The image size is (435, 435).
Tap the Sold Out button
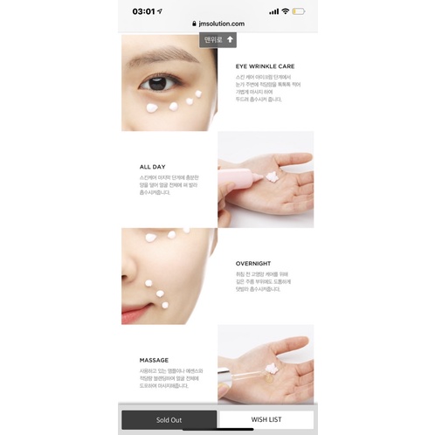pos(169,419)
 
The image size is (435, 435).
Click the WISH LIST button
pos(265,419)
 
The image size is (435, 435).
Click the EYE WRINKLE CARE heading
pos(266,66)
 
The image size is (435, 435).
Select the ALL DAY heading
pos(152,166)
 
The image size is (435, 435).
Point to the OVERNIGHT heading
pos(253,263)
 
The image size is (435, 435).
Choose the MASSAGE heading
pos(154,360)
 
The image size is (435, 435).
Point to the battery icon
pos(299,11)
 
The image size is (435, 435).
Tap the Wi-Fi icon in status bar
pos(285,11)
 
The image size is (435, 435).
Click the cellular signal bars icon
pos(273,11)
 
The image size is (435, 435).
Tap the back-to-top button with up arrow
pos(217,40)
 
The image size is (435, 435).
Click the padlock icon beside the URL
pos(195,24)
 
